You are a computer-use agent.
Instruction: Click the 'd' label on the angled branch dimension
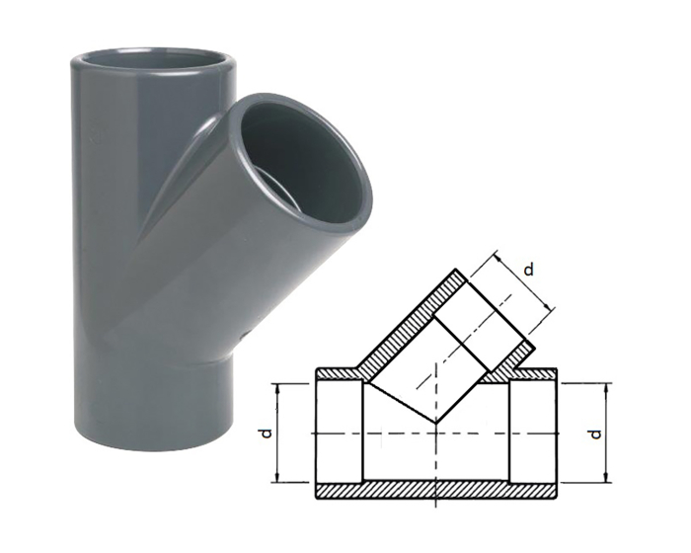(530, 269)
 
